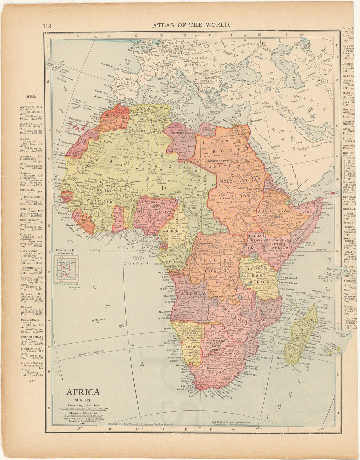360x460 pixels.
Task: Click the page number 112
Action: pos(46,26)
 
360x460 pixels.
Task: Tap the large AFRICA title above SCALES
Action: pos(83,392)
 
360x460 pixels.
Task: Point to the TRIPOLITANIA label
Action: pos(182,132)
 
